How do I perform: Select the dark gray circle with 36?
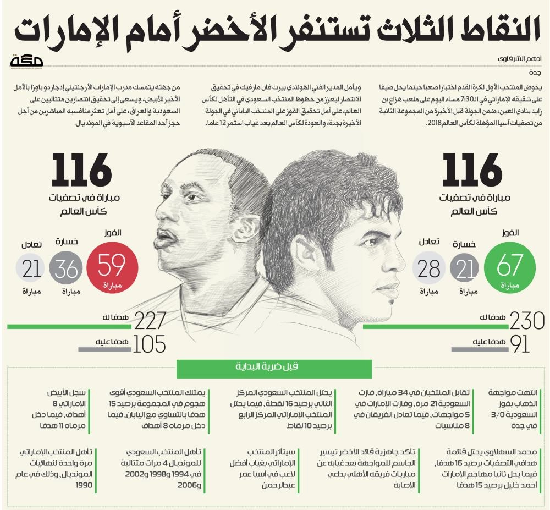[66, 270]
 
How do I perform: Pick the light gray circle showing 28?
[428, 269]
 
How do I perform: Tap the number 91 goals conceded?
[519, 343]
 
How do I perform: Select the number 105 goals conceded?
[150, 343]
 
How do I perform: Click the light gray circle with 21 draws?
[32, 270]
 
